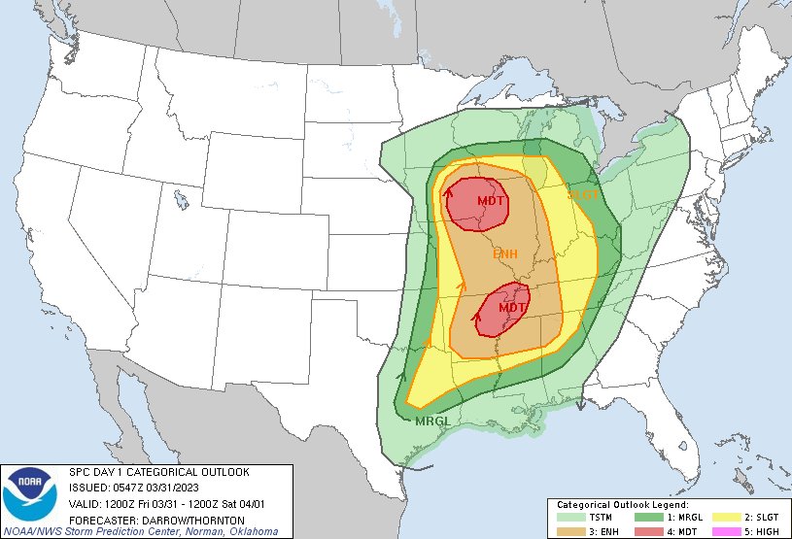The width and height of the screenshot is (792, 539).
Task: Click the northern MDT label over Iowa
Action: (492, 201)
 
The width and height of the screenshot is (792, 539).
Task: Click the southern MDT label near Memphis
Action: (512, 307)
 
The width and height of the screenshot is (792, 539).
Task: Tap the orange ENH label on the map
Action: (504, 253)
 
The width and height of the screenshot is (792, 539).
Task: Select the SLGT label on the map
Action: (584, 195)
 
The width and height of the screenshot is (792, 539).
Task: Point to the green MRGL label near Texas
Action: (431, 421)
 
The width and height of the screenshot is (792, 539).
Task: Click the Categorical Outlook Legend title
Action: (622, 505)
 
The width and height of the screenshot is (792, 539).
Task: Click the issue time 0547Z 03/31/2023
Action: (166, 488)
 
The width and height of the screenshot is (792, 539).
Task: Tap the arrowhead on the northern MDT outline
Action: (450, 192)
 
